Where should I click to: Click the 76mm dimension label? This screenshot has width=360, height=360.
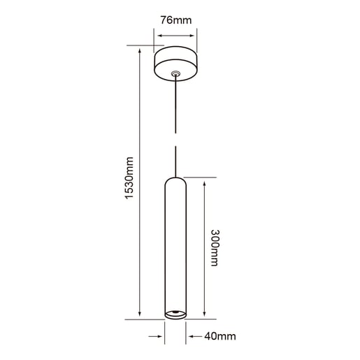(175, 20)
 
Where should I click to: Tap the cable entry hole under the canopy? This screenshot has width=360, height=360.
(175, 73)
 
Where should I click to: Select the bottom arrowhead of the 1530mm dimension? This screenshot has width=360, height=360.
(141, 315)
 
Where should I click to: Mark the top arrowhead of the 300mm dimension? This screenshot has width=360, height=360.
(203, 181)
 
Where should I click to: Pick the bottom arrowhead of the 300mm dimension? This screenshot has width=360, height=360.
(203, 315)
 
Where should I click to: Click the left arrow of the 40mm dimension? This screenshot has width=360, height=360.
(160, 336)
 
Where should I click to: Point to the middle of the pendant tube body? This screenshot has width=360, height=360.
(175, 248)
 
